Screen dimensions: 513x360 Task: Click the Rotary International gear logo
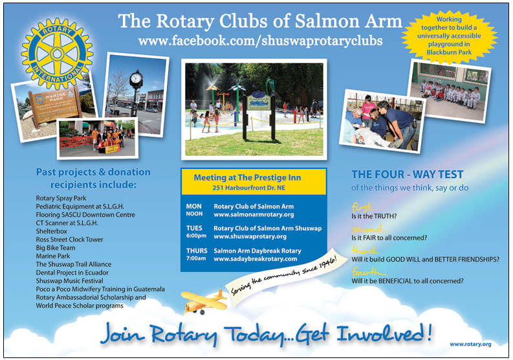click(58, 54)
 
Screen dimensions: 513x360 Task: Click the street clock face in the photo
click(136, 78)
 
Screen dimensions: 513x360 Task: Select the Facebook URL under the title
click(261, 41)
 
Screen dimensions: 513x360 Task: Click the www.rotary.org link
click(470, 344)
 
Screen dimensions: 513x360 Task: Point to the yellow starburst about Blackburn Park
click(449, 36)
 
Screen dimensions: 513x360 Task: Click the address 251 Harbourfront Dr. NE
click(248, 188)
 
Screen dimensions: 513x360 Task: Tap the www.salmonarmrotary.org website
click(254, 215)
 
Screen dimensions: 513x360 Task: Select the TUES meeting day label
click(194, 229)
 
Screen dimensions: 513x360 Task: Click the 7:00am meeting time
click(196, 258)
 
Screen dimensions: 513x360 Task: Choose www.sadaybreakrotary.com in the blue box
click(256, 259)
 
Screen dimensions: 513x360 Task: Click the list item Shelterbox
click(51, 231)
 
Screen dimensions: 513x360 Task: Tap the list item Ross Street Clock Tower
click(69, 240)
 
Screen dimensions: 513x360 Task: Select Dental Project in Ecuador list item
click(72, 273)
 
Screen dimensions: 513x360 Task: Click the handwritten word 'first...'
click(363, 207)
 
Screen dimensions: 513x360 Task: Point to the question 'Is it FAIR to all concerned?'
click(389, 238)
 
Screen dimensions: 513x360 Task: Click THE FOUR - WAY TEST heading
click(408, 174)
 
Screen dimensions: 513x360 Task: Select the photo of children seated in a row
click(450, 91)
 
